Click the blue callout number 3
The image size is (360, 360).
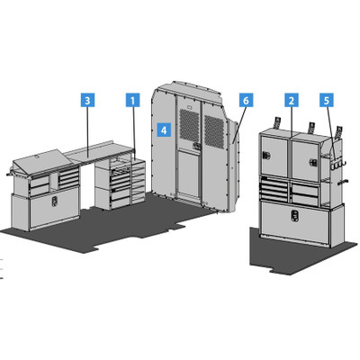coord(87,100)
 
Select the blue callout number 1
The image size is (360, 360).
coord(132,100)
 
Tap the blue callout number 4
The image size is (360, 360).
coord(164,130)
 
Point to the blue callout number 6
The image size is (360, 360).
coord(246,100)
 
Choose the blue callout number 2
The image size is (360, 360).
coord(292,100)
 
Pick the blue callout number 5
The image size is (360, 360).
coord(327,100)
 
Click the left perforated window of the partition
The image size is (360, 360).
coord(189,125)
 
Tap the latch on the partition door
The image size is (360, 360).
coord(196,146)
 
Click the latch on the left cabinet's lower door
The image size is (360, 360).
coord(54,202)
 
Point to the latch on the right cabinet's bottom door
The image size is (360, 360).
coord(294,215)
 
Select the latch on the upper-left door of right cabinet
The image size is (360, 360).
coord(265,156)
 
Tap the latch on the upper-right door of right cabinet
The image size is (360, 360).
coord(314,162)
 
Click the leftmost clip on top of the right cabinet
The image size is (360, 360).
coord(276,122)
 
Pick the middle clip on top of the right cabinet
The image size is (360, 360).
coord(310,128)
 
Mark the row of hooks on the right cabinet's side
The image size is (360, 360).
coord(337,165)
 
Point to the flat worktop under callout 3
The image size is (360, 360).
coord(99,152)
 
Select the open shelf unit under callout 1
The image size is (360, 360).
coord(139,180)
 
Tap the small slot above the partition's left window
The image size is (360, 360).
coord(189,106)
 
